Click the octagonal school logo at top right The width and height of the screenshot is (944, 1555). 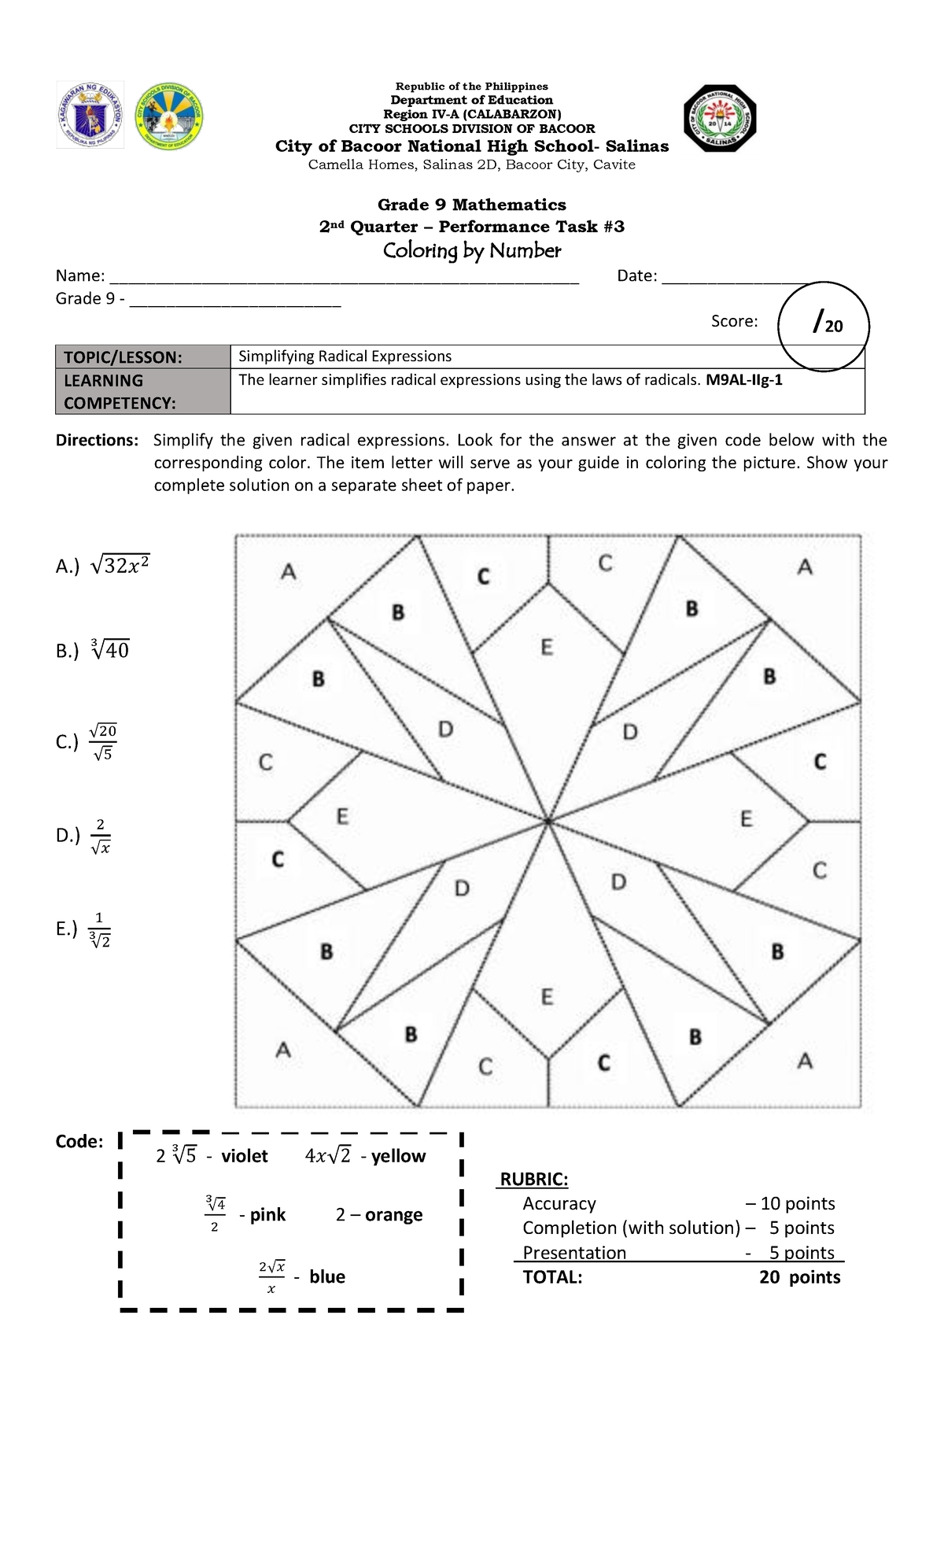point(719,118)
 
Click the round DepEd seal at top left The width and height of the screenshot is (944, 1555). point(90,116)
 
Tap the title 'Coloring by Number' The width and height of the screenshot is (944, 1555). point(471,251)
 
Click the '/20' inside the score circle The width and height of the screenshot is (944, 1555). point(827,323)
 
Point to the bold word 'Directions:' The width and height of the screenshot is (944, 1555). point(97,440)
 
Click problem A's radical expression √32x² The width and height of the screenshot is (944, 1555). point(120,566)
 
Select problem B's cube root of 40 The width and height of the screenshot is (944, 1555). point(110,650)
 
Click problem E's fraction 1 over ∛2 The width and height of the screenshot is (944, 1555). point(99,929)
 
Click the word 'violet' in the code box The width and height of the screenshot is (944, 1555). point(244,1156)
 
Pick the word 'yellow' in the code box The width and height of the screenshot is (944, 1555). point(398,1156)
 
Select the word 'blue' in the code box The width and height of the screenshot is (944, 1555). point(327,1276)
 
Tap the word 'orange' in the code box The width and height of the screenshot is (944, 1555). point(393,1215)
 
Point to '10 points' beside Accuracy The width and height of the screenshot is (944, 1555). point(797,1203)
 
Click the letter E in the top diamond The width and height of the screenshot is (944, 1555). point(547,648)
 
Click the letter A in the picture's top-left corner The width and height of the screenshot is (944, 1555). point(289,572)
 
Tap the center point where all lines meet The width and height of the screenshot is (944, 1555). point(548,822)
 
